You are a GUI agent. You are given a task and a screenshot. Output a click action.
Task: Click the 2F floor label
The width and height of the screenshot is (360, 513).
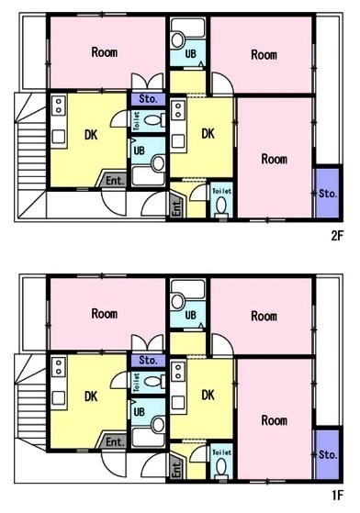coord(337,236)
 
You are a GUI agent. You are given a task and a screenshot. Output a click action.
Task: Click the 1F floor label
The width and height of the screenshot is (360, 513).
coord(337,496)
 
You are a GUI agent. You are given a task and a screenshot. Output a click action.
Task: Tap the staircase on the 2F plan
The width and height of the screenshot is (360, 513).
coord(30,156)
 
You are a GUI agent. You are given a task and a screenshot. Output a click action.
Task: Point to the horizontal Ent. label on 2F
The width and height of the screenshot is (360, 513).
coord(115,181)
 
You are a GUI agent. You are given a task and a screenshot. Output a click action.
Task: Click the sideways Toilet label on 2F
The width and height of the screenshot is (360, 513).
coord(137,121)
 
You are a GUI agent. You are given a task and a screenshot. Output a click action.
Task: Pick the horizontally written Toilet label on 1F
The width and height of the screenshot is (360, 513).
coord(222,452)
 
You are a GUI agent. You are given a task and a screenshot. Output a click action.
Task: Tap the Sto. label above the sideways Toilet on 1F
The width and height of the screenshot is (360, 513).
coord(148,361)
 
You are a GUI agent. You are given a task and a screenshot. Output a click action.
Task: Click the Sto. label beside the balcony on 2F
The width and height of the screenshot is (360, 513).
coord(328,194)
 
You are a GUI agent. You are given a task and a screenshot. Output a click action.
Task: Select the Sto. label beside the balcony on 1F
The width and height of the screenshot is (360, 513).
coord(328,454)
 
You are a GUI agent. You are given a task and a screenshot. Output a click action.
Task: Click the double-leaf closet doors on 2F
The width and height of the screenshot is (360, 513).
coord(148,81)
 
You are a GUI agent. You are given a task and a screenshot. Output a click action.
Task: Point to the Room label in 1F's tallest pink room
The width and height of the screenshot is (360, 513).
coord(275,420)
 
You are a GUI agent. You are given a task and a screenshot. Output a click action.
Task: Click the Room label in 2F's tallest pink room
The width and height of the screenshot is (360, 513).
coord(275,159)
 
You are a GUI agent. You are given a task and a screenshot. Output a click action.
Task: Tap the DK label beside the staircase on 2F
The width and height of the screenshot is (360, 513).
coord(91,135)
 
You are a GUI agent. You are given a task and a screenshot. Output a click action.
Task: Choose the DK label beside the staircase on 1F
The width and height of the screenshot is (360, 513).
coord(91,396)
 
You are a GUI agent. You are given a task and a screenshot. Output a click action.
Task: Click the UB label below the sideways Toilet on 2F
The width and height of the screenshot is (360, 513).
coord(139,151)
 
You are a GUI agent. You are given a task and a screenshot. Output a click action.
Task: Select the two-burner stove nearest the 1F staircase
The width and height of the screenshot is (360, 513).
coord(59,368)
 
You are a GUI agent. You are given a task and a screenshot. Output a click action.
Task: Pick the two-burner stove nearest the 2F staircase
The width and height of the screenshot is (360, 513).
coord(59,106)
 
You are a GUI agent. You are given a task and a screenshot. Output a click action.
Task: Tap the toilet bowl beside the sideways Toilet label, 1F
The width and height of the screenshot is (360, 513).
coord(152,382)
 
